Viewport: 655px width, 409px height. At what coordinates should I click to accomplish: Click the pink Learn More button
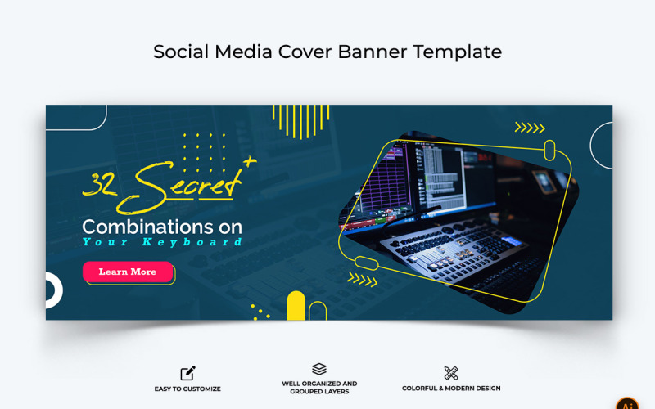tap(128, 272)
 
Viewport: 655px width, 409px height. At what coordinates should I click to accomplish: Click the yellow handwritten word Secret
tap(187, 185)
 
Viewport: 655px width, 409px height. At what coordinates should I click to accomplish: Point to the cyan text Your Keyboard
tap(162, 242)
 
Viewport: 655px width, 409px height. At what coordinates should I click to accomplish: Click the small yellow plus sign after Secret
tap(250, 161)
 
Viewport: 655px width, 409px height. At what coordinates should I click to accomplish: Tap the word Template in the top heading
tap(457, 52)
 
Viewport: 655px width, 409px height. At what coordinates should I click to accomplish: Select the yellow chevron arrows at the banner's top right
tap(529, 128)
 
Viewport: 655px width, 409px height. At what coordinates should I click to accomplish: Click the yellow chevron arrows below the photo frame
tap(362, 279)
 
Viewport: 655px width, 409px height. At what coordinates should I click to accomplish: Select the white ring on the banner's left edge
tap(52, 290)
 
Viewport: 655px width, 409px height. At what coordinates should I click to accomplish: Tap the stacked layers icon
tap(319, 370)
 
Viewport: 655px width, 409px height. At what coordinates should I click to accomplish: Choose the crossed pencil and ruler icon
tap(450, 373)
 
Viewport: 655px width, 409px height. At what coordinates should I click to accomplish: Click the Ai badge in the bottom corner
tap(628, 404)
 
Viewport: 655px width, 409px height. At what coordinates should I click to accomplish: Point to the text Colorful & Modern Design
tap(451, 389)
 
